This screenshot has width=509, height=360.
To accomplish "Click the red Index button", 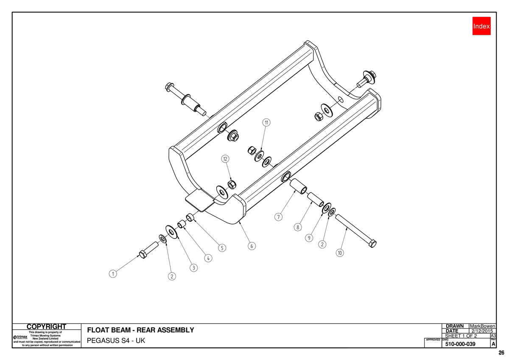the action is pos(481,26).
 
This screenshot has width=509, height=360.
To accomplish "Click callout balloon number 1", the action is pos(113,273).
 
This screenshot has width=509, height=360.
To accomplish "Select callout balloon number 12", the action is pos(225,159).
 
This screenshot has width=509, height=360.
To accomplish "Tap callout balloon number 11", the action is pos(266,123).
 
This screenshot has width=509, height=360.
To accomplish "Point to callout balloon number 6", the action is pos(252,246).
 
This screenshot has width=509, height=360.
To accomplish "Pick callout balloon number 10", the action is pos(340,253).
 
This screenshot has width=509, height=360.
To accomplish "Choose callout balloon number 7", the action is pos(278,217).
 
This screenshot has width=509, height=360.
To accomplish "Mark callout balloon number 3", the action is pos(193,268).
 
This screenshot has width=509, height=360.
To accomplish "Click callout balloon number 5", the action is pos(222,248).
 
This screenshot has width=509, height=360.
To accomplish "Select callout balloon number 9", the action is pos(309,238).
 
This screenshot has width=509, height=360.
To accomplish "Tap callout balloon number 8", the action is pos(298,227).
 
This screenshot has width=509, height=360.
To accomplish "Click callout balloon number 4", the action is pos(208,259).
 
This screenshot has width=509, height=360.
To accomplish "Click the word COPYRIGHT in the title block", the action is pos(46,326).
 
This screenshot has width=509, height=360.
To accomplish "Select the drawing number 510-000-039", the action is pos(460,344).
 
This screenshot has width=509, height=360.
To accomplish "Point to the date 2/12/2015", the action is pos(482,331).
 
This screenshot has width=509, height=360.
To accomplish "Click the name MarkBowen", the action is pos(482,326).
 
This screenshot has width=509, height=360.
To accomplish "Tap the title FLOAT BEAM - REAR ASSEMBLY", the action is pos(141,330).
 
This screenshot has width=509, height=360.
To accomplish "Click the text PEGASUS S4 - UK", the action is pos(116,340).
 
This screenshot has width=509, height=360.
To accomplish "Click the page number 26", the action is pos(501,353).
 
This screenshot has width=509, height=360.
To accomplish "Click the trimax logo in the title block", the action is pos(20,337).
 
